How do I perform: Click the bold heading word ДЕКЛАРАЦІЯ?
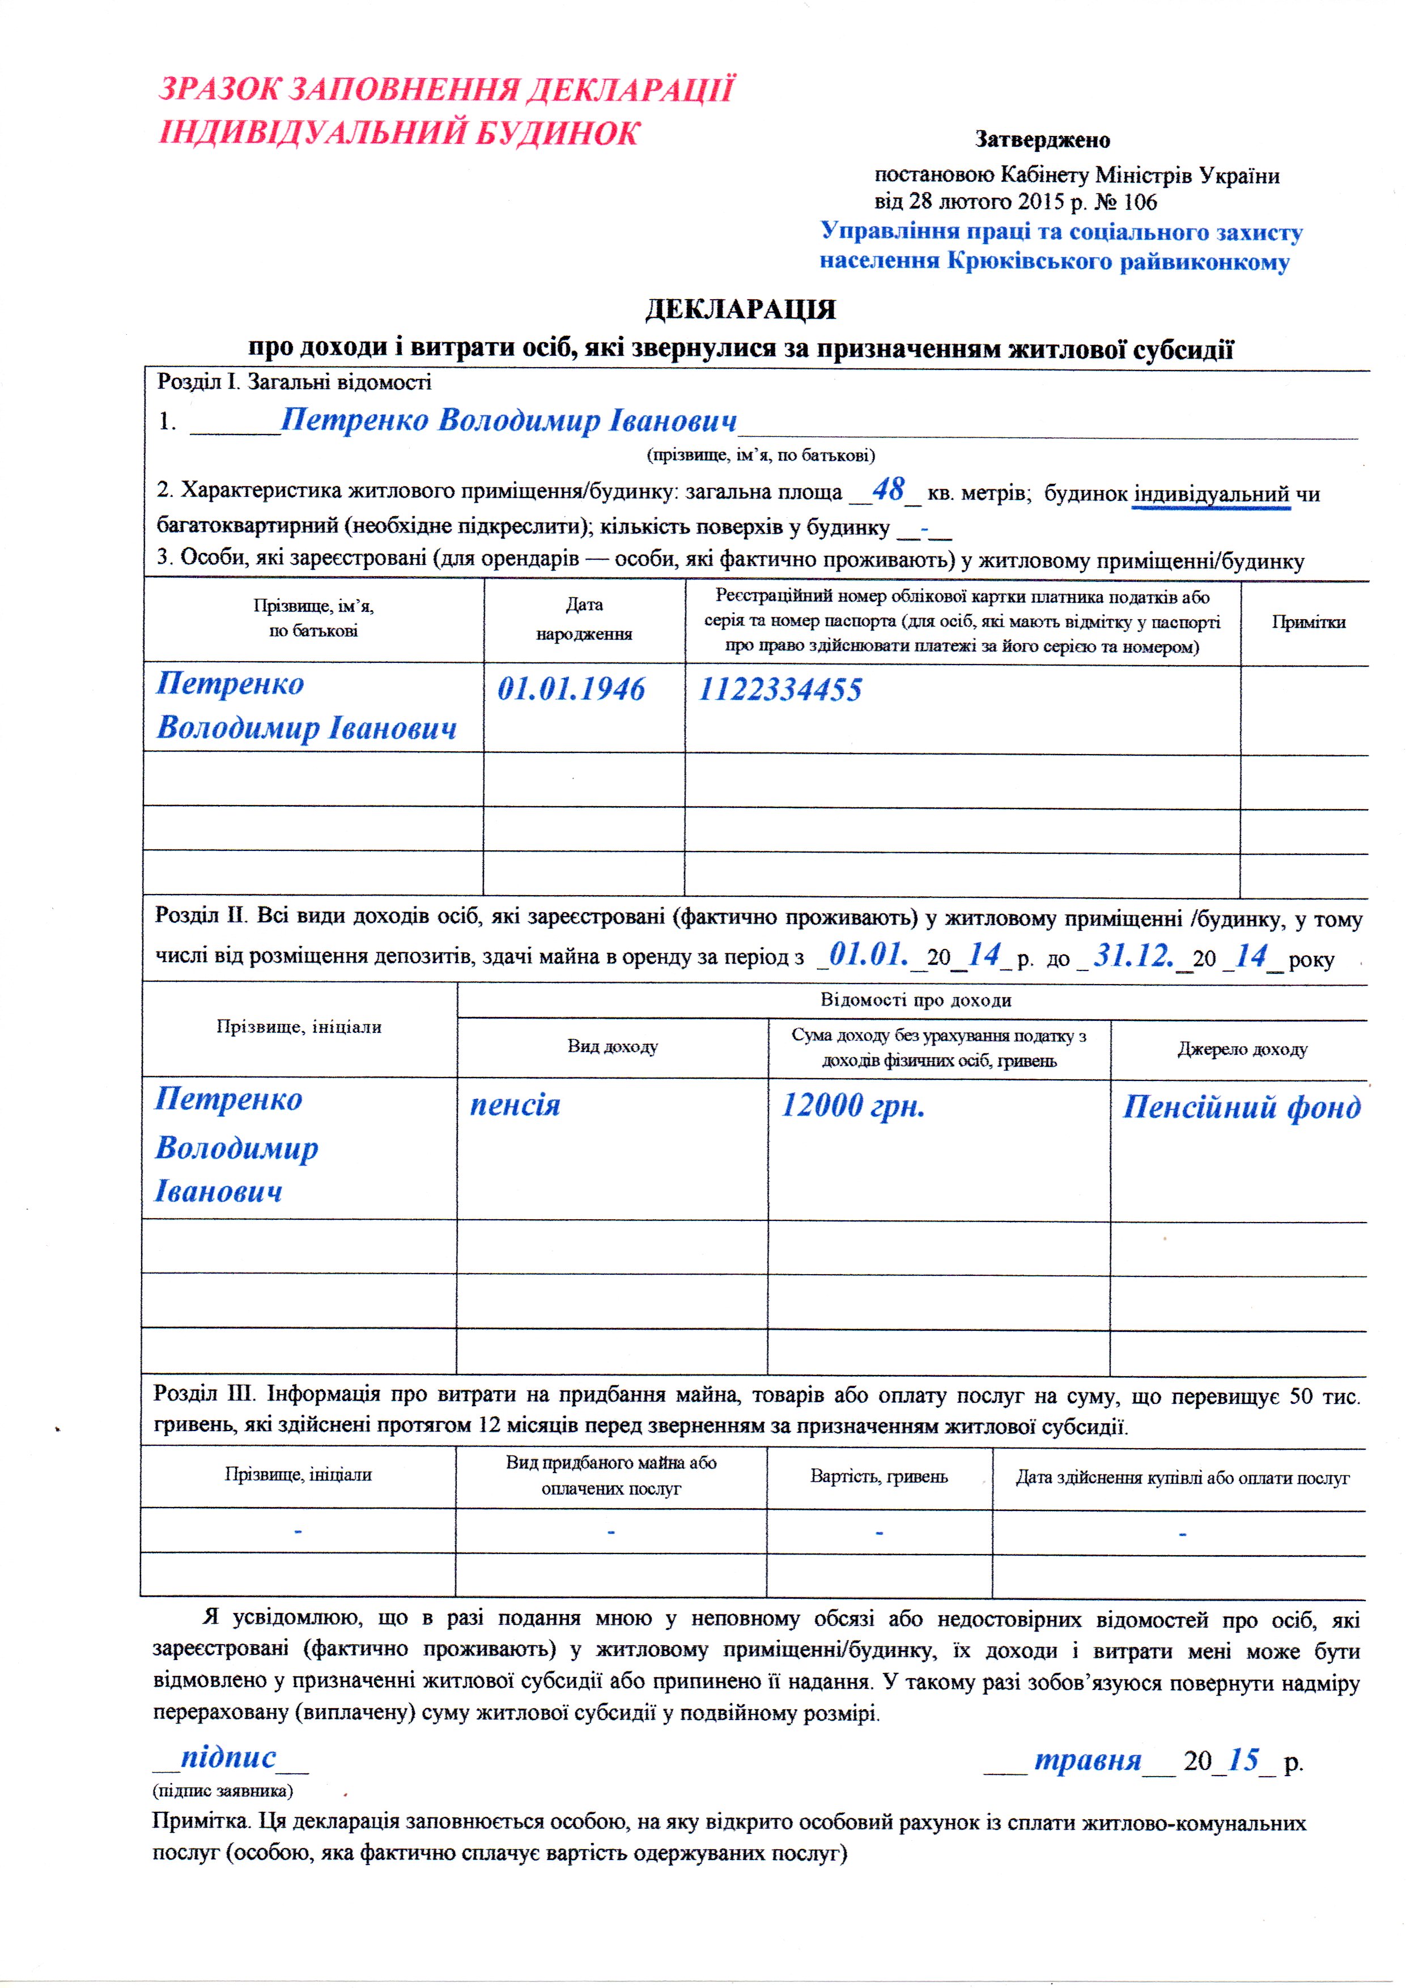click(x=741, y=310)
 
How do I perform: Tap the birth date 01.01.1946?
click(x=571, y=689)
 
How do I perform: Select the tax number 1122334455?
click(x=780, y=690)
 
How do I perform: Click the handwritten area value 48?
click(x=888, y=490)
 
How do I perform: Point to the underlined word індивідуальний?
click(x=1211, y=495)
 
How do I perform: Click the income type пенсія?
click(x=515, y=1106)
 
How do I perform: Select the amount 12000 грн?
click(x=853, y=1106)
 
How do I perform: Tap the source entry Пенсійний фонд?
click(x=1242, y=1108)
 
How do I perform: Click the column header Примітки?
click(x=1308, y=621)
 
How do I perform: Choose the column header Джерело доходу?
click(x=1242, y=1049)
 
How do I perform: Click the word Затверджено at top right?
click(x=1042, y=139)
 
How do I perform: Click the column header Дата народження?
click(x=584, y=619)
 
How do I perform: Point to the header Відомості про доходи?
click(x=916, y=1000)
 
